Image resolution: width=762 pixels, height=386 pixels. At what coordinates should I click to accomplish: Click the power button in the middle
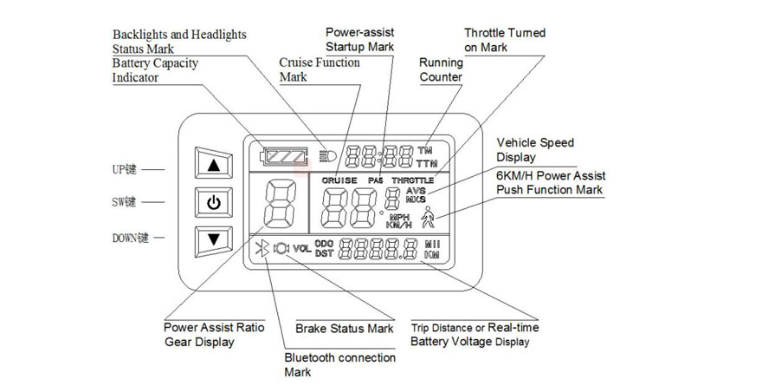coord(214,204)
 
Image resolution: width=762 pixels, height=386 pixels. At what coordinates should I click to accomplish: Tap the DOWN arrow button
coord(214,239)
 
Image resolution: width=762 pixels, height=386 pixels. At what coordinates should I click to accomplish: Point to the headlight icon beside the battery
coord(327,156)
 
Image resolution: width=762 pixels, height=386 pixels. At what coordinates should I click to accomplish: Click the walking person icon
coord(427,218)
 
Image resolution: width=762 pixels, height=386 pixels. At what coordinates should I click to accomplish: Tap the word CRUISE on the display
coord(338,180)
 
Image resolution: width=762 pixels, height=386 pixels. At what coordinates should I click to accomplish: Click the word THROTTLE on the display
coord(411,180)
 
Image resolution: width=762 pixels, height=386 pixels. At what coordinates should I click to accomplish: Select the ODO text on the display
coord(324,245)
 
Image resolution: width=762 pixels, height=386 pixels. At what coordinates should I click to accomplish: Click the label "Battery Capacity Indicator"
coord(155,70)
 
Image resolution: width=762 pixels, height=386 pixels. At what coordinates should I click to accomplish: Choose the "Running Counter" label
coord(441,69)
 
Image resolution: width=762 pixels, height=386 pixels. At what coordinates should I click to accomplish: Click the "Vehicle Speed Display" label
coord(534,149)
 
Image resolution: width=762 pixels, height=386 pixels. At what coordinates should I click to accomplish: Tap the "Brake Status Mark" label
coord(344,329)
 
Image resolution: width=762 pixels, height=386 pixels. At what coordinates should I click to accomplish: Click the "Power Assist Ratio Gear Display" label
coord(214,334)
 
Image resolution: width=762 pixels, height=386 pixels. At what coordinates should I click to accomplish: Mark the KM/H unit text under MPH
coord(398,226)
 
